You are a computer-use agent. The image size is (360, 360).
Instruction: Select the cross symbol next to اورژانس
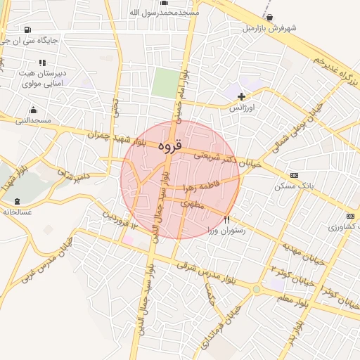242,96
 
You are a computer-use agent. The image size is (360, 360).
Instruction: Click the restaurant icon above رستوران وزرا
226,220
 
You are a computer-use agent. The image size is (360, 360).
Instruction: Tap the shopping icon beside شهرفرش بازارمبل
269,18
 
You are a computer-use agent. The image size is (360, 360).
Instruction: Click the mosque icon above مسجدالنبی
33,110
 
